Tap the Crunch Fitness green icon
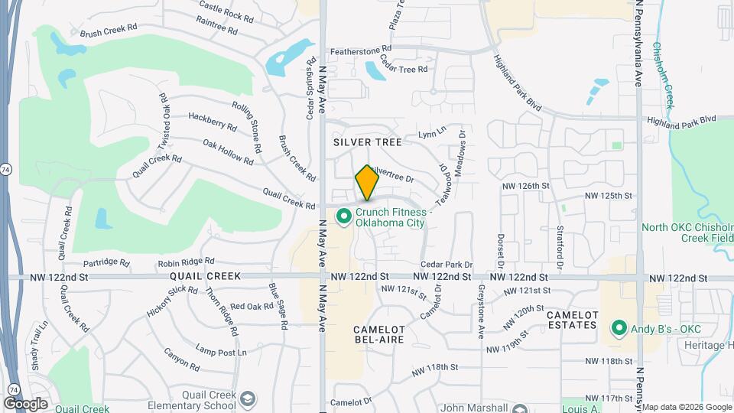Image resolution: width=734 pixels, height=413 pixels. click(343, 217)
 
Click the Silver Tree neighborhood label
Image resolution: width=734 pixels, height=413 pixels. click(362, 142)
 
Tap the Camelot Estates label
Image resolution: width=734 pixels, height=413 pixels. click(572, 320)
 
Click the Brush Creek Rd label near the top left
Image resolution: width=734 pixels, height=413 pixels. click(108, 31)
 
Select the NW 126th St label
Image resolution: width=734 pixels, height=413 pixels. click(526, 186)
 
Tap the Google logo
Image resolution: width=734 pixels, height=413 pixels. click(25, 403)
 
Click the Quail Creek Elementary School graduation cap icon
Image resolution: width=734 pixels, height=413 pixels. click(247, 399)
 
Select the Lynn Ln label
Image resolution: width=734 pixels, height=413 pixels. click(432, 133)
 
